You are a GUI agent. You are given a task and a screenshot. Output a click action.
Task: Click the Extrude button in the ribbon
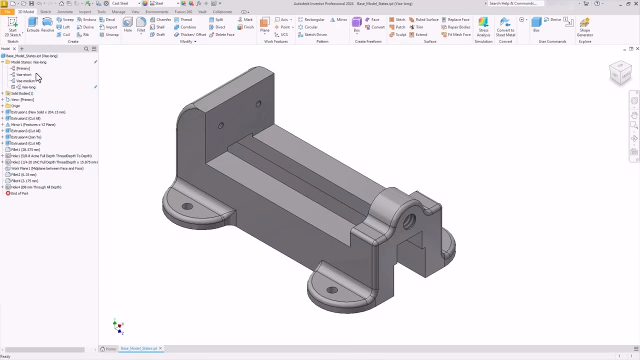33,24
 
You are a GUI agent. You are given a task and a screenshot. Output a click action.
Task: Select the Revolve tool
47,24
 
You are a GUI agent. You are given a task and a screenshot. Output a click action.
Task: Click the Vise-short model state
23,74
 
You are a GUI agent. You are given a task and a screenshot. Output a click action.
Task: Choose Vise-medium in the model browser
25,81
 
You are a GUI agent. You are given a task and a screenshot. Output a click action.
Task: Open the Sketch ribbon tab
45,11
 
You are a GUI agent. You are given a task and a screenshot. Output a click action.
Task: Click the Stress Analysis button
483,27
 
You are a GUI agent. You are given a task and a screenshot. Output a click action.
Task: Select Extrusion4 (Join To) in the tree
26,137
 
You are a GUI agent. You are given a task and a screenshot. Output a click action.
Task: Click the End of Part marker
19,193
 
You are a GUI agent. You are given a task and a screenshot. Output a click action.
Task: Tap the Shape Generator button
584,27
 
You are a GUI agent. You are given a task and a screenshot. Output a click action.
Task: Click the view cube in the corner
620,73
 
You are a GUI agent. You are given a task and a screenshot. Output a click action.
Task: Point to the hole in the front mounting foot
331,290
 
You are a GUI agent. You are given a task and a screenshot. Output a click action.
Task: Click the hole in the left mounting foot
187,206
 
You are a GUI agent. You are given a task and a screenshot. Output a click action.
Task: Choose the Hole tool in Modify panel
128,24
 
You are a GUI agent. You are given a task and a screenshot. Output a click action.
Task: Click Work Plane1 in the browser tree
47,168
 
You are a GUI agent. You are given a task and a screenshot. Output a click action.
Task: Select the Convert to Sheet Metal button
505,27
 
